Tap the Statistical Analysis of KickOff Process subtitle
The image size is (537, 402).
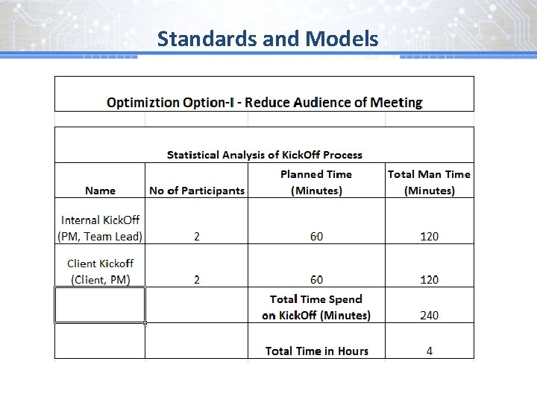tap(264, 155)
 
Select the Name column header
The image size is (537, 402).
tap(100, 191)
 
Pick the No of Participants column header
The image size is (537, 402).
tap(196, 191)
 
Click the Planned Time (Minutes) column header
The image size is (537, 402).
tap(316, 182)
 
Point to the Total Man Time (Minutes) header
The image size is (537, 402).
tap(429, 182)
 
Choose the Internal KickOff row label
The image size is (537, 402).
tap(100, 228)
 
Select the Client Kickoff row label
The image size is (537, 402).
tap(100, 271)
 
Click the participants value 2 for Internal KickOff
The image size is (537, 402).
tap(196, 237)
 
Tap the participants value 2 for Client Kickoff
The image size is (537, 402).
tap(196, 280)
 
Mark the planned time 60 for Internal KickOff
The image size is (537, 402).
tap(316, 237)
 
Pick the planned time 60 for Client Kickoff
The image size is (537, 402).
tap(316, 280)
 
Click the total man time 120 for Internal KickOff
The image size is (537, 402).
tap(429, 237)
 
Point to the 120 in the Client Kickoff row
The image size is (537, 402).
tap(429, 280)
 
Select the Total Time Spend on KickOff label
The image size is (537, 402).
tap(316, 307)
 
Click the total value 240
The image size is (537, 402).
tap(429, 316)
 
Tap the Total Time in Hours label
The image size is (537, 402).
tap(316, 351)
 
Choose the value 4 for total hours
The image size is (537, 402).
tap(429, 351)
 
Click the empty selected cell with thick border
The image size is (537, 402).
tap(100, 305)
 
